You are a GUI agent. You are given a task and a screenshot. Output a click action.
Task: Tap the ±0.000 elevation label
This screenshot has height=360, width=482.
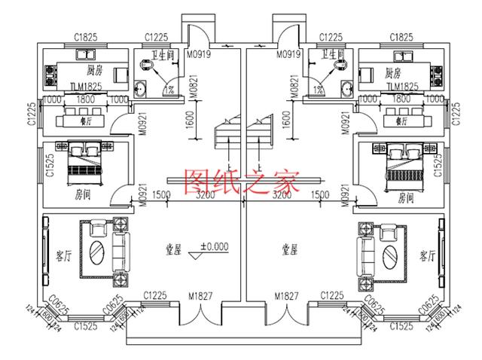(214, 246)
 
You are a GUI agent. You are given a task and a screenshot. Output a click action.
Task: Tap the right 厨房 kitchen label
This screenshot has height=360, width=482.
(392, 73)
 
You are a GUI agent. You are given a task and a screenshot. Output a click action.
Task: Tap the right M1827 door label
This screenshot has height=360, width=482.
(286, 295)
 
